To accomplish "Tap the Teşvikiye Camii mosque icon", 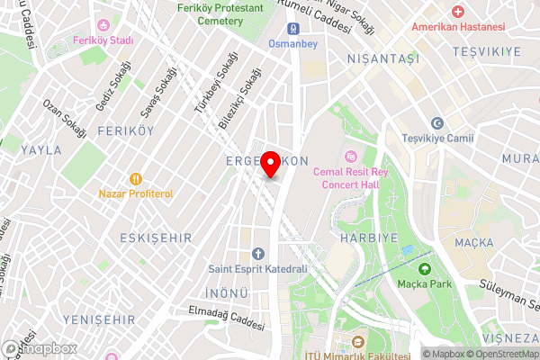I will pyautogui.click(x=437, y=123).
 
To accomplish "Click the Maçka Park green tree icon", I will pyautogui.click(x=425, y=268).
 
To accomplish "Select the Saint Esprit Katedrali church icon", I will pyautogui.click(x=258, y=253).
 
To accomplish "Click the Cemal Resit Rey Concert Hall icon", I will pyautogui.click(x=350, y=156).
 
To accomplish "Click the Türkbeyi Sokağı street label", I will pyautogui.click(x=208, y=89).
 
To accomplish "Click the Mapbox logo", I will pyautogui.click(x=40, y=348).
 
